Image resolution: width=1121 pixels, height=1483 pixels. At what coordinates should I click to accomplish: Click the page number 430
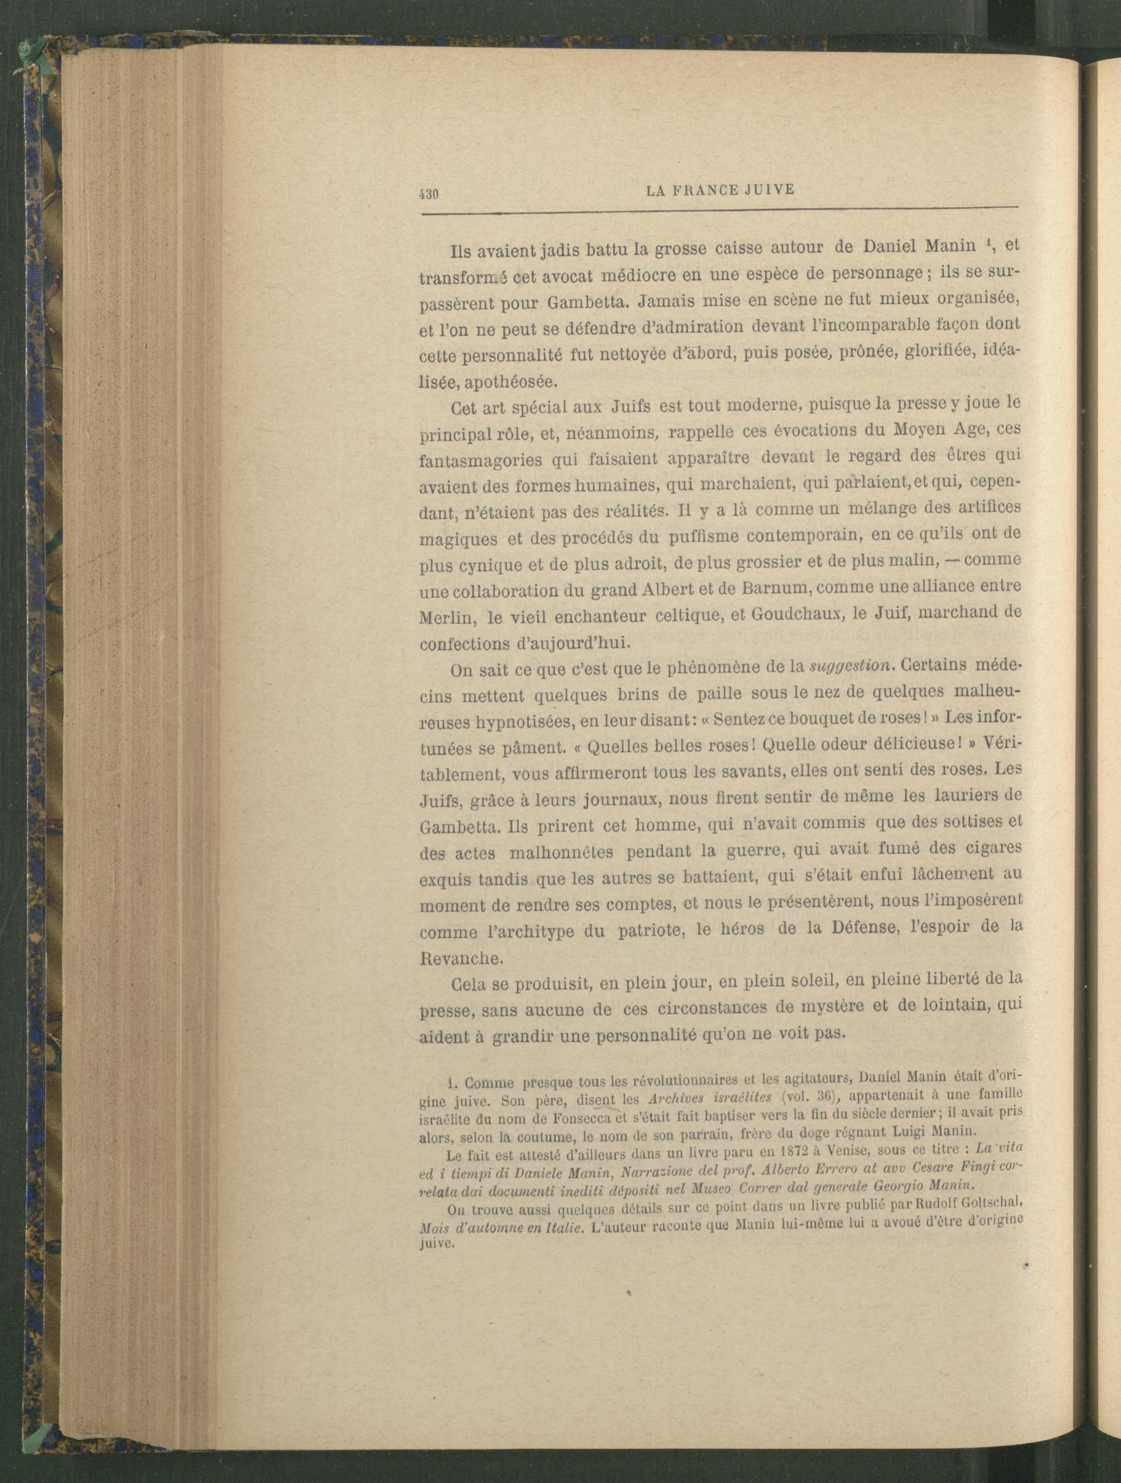pyautogui.click(x=428, y=194)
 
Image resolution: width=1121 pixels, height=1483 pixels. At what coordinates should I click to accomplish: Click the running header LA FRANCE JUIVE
pyautogui.click(x=719, y=191)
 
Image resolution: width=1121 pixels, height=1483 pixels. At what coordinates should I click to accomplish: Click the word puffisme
pyautogui.click(x=704, y=537)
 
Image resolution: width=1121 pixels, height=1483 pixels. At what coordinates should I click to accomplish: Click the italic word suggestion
pyautogui.click(x=851, y=666)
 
